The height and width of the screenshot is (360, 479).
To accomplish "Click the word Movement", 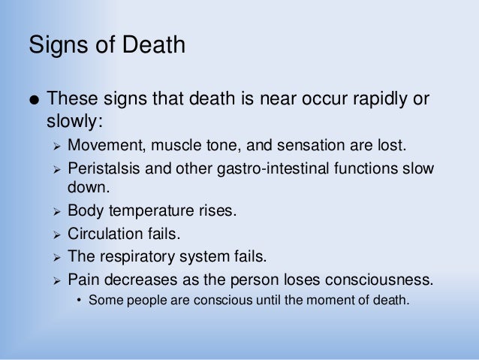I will [x=101, y=144].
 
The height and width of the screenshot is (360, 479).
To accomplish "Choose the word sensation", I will [x=292, y=144].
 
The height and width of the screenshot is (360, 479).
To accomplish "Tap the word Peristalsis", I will [x=102, y=168].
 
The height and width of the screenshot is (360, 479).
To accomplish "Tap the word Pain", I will [x=83, y=280].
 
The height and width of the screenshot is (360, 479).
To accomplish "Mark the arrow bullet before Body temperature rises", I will [x=56, y=211].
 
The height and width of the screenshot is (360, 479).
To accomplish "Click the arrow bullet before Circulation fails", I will [x=56, y=234].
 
